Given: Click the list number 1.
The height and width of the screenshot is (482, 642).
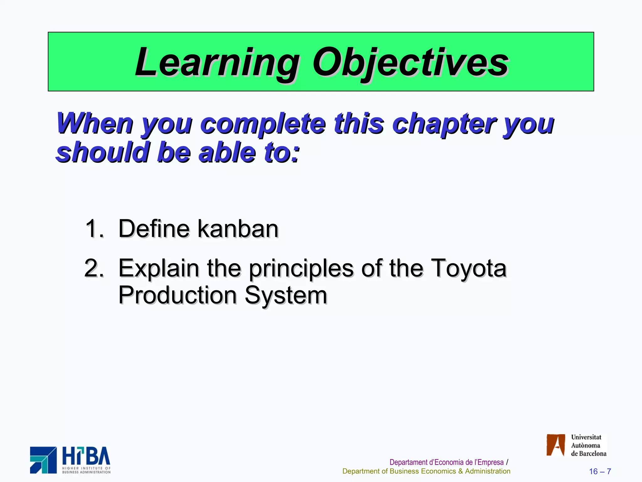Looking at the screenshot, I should point(93,229).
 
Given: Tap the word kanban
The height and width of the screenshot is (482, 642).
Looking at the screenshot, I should point(238,229).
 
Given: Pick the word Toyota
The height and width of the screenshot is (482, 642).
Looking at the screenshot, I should point(468,268).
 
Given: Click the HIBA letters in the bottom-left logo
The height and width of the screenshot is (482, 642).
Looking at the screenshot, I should point(86,457).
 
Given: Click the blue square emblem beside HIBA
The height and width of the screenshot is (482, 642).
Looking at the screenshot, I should point(43,460).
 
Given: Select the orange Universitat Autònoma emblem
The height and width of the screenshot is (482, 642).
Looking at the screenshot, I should point(555,445).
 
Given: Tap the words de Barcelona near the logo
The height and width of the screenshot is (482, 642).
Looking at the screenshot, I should point(588,454).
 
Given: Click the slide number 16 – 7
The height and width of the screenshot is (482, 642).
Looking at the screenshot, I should point(600,471).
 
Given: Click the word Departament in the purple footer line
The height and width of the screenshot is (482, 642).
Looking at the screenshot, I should point(408,462).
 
